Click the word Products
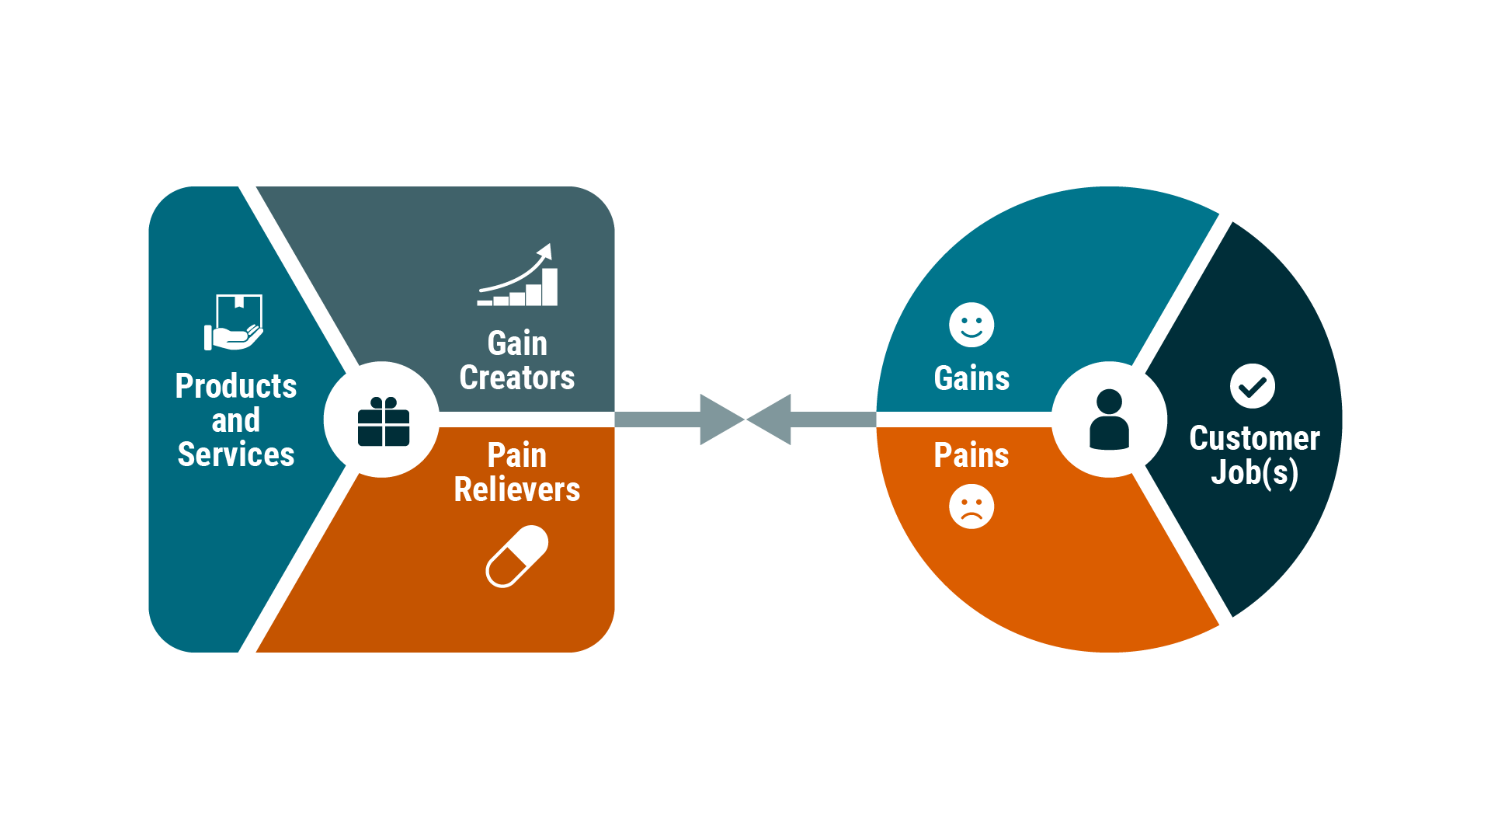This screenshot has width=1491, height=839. click(x=235, y=386)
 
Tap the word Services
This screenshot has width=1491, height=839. click(x=235, y=454)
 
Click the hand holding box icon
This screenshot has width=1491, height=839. click(x=234, y=322)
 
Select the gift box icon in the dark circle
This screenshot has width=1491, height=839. click(x=384, y=422)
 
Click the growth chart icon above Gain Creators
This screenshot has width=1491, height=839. click(x=518, y=276)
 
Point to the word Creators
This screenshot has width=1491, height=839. click(x=516, y=378)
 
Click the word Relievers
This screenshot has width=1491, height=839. click(x=516, y=489)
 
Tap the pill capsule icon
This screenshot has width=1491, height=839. click(x=517, y=556)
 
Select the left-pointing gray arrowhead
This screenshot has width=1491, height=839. click(x=771, y=419)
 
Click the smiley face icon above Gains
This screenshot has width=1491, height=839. click(x=971, y=325)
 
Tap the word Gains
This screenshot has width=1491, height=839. click(x=971, y=378)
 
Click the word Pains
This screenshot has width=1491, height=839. click(x=971, y=455)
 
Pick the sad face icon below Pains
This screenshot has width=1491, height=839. click(x=971, y=507)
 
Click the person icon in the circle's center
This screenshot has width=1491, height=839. click(x=1109, y=419)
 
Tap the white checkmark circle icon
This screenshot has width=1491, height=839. click(x=1252, y=386)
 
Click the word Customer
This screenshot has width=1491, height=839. click(x=1254, y=438)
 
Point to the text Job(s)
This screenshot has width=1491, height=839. click(x=1254, y=472)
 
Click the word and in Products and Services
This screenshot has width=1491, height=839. click(x=235, y=420)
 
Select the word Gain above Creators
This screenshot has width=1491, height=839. click(x=517, y=343)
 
